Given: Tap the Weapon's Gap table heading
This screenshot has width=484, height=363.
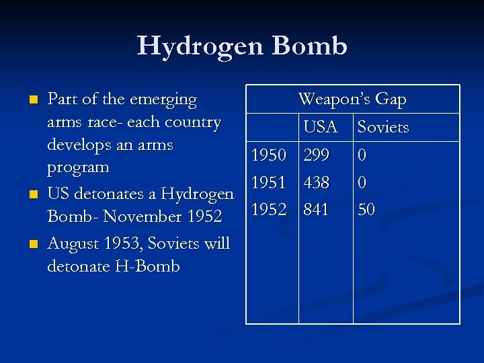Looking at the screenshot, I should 352,99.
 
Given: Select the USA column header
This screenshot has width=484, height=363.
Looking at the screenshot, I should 320,127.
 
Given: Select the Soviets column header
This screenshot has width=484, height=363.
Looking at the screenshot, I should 383,127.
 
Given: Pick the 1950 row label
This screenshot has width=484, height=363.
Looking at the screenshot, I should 269,156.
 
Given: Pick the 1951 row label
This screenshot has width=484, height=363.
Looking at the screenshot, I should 269,182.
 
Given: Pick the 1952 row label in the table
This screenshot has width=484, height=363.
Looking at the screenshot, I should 269,210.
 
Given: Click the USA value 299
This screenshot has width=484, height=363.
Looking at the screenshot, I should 316,156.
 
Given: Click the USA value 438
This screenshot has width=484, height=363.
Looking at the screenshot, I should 316,182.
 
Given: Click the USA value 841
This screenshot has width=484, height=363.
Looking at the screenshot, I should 316,210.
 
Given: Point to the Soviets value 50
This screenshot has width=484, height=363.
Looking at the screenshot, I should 366,210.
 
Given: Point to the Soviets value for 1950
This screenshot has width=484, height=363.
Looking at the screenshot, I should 362,156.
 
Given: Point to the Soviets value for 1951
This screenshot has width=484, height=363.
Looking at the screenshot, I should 362,182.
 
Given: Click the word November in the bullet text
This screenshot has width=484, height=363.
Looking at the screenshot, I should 137,217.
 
